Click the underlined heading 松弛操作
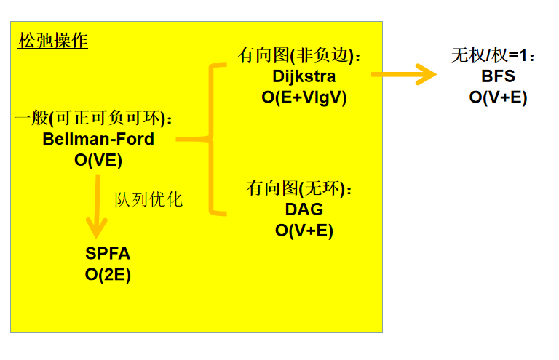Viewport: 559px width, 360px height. [x=53, y=41]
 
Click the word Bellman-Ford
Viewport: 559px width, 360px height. [x=98, y=139]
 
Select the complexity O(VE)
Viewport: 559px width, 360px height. [x=98, y=160]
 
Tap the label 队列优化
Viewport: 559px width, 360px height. [x=148, y=199]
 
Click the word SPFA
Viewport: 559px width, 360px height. [x=108, y=254]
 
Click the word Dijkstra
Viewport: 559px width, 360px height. [x=304, y=76]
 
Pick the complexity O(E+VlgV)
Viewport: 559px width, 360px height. [x=304, y=97]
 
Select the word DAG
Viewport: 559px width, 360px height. [x=304, y=209]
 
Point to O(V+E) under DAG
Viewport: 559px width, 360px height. [x=304, y=231]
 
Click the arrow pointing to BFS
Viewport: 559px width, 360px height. [x=404, y=74]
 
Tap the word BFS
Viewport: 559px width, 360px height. [x=498, y=76]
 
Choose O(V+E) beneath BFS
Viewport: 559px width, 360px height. [x=498, y=97]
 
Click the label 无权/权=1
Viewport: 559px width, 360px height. [x=493, y=55]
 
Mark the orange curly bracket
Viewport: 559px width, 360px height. [x=213, y=138]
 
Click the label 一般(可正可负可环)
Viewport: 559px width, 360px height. [x=95, y=118]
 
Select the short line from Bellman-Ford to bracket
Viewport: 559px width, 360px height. [x=191, y=138]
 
